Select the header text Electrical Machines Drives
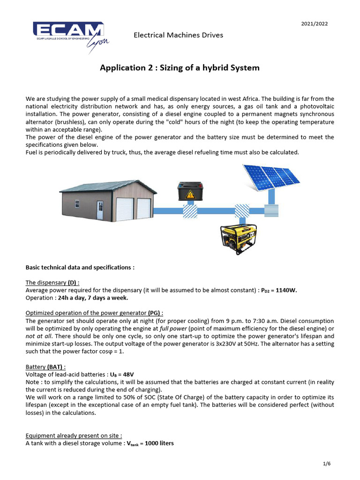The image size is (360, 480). tap(178, 35)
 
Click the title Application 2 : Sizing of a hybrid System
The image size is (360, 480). tap(180, 68)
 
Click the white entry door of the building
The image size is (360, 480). tap(100, 211)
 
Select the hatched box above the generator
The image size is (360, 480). tap(242, 211)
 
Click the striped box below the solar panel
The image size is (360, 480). tap(270, 210)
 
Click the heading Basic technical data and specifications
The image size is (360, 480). tap(80, 267)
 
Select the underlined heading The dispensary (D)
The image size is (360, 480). tap(52, 283)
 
